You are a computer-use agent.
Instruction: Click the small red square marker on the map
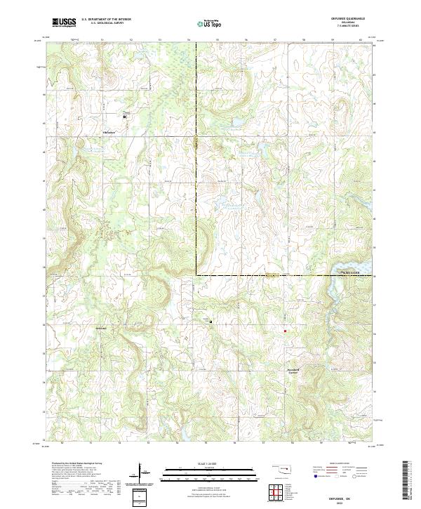pos(285,331)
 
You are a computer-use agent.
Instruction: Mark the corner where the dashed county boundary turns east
pos(196,275)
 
